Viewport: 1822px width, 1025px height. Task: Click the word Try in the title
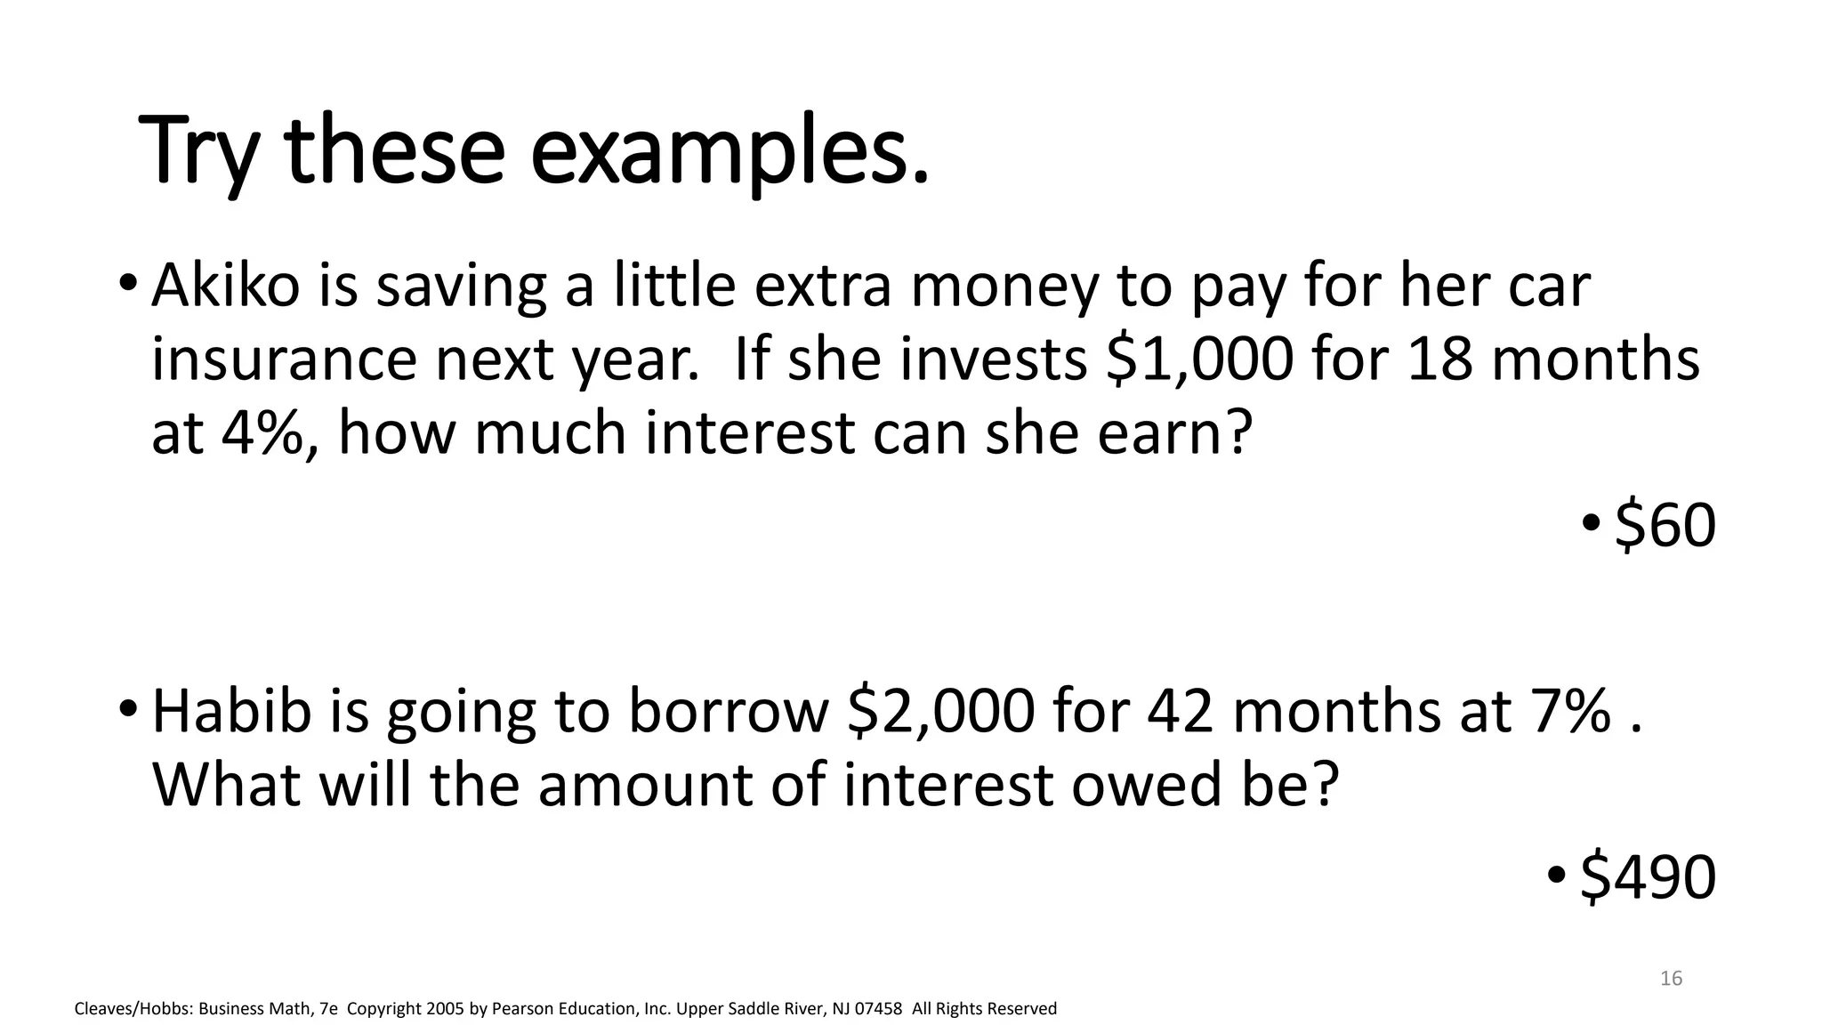199,151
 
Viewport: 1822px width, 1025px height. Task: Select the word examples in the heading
730,151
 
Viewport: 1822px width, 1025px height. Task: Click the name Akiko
226,287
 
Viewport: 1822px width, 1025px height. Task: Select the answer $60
1665,525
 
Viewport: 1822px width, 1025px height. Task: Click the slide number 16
1671,979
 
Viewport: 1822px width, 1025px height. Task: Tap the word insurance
284,360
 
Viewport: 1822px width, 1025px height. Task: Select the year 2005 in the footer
445,1009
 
